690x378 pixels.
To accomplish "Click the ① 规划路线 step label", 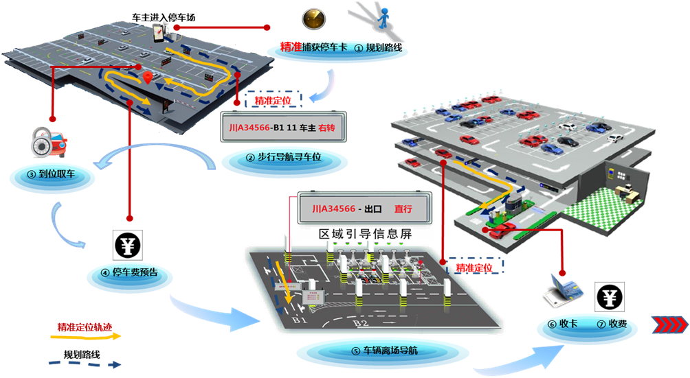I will tap(380, 49).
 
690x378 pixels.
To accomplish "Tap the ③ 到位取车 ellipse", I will tap(52, 176).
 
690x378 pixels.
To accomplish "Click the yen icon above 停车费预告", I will tap(129, 245).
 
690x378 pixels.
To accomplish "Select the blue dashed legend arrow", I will tap(85, 363).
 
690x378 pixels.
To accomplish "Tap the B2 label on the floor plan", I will tap(360, 322).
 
